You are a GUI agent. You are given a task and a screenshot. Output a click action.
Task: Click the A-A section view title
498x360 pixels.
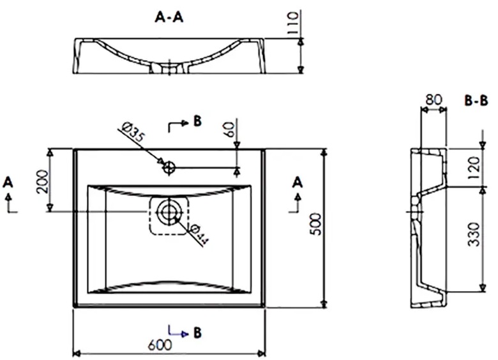coord(169,17)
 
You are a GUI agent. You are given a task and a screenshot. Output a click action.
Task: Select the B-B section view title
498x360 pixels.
coord(476,101)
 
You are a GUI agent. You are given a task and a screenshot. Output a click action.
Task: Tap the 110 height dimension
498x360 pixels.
coord(293,23)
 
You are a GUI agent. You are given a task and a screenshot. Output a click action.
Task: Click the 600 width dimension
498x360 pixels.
coord(160,345)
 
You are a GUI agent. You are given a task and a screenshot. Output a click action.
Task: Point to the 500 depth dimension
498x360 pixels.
coord(315,224)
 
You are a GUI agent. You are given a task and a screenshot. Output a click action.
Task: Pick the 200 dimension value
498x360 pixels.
coord(42,182)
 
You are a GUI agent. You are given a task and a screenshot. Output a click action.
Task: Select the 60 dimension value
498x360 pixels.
coord(229,129)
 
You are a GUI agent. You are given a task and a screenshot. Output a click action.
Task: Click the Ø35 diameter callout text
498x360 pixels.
coord(133,133)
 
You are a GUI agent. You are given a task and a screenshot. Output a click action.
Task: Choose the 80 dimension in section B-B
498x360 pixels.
coord(434,100)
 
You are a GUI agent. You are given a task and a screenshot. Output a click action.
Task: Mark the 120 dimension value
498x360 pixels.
coord(474,167)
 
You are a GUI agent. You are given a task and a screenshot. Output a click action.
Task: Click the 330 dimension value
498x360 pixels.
coord(474,234)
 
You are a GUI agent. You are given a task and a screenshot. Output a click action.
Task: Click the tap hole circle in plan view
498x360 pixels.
coord(169,167)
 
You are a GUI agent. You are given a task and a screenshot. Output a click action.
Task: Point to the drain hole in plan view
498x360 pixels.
coord(169,212)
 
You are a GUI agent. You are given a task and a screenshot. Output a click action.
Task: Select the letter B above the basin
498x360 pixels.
coord(197,121)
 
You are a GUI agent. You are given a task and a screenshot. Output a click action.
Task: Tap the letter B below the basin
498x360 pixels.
coord(197,333)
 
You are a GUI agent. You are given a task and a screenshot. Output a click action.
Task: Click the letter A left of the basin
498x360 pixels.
coord(8,183)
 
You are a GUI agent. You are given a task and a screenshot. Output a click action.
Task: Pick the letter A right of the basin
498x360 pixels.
coord(298,183)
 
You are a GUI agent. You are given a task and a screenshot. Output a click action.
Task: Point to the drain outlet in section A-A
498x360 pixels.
coord(169,68)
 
